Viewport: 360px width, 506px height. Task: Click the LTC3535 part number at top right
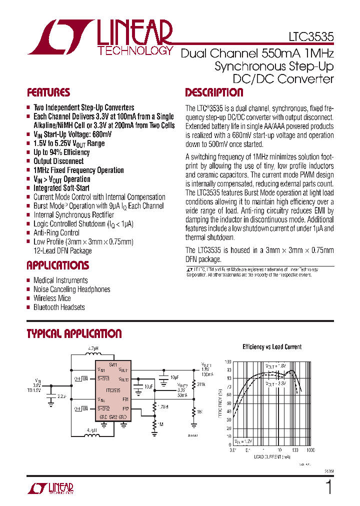click(310, 36)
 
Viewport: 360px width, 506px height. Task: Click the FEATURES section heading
click(48, 92)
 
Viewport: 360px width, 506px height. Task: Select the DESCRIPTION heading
click(214, 92)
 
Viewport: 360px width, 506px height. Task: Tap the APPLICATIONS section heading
click(57, 265)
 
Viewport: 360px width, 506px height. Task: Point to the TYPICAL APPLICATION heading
click(74, 333)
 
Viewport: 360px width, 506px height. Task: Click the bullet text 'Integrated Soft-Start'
click(61, 188)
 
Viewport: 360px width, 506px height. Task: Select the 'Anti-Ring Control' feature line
click(56, 232)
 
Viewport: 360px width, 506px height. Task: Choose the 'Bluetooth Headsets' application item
click(59, 307)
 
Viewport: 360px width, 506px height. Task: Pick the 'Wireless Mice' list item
click(52, 298)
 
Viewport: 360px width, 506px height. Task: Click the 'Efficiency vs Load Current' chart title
click(272, 346)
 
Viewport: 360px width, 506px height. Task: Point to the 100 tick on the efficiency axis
click(228, 361)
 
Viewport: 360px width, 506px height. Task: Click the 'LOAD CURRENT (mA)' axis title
click(272, 457)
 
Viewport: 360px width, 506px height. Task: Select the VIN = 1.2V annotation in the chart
click(244, 441)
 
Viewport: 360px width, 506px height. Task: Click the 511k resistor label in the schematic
click(201, 384)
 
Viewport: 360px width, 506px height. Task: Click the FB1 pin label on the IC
click(125, 399)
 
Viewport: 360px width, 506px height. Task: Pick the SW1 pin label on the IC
click(113, 364)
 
